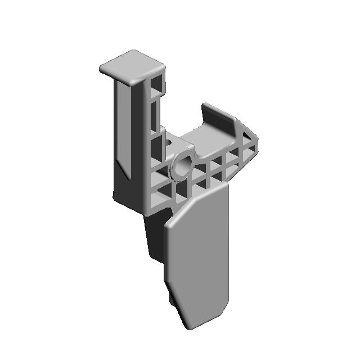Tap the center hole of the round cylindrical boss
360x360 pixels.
pos(183,166)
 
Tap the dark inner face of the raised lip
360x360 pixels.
pos(217,119)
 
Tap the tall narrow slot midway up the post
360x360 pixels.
pos(154,115)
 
